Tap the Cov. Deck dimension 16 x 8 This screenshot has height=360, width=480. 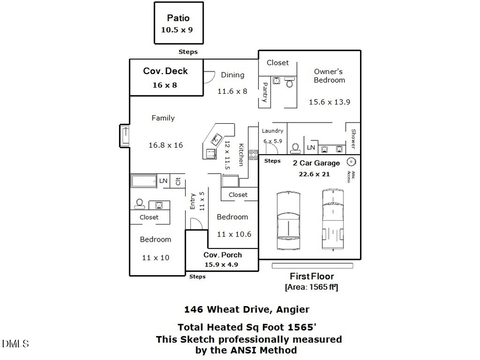click(x=164, y=85)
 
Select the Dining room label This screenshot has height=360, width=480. click(x=233, y=75)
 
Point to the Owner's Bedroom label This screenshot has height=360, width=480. click(x=329, y=75)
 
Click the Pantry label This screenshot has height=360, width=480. click(x=264, y=92)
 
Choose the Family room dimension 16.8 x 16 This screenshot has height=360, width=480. click(x=165, y=145)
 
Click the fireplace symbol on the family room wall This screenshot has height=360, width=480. click(x=124, y=136)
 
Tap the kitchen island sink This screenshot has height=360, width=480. click(x=215, y=140)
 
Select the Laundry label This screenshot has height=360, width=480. click(x=273, y=131)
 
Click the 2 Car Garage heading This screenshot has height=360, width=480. click(x=316, y=163)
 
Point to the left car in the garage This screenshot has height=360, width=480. click(x=288, y=220)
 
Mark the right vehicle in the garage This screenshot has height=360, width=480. click(x=333, y=219)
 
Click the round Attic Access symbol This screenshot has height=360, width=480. click(x=351, y=162)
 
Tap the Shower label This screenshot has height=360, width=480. click(x=353, y=139)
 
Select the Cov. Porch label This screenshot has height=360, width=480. click(x=223, y=255)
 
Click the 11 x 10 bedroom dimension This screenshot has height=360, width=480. click(x=155, y=258)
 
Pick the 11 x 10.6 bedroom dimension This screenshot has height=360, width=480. click(x=234, y=234)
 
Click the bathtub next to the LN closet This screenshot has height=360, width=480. click(x=143, y=181)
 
